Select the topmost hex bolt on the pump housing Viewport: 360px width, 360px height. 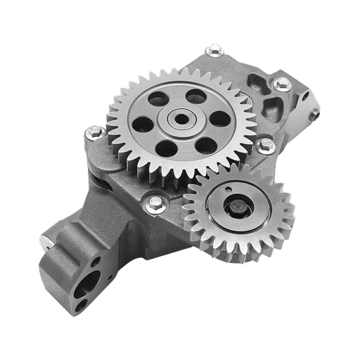[212, 50]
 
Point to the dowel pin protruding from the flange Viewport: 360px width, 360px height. [45, 243]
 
